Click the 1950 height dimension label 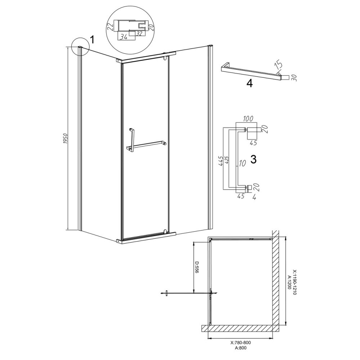[x=65, y=139]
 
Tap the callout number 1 [x=92, y=40]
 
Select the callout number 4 [x=249, y=84]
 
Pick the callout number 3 [x=253, y=159]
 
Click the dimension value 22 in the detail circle [x=110, y=27]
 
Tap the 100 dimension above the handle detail [x=248, y=119]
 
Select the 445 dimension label [x=221, y=161]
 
